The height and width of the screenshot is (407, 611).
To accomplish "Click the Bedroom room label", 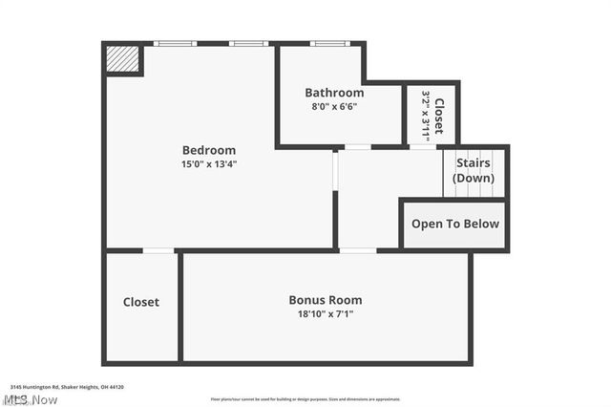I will [x=209, y=150].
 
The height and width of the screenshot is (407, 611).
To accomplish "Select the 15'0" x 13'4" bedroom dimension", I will [x=209, y=163].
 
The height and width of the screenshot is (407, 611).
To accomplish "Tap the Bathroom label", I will [x=334, y=93].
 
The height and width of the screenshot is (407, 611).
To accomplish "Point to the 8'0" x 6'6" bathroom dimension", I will [x=334, y=106].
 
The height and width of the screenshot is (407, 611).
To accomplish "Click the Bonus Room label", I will [x=326, y=300].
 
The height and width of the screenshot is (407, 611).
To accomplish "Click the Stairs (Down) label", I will [x=474, y=170].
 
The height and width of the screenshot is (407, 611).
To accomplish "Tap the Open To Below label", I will [x=454, y=225].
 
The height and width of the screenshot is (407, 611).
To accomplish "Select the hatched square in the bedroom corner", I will [x=121, y=58].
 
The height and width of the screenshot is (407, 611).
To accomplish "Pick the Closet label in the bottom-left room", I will [x=141, y=302].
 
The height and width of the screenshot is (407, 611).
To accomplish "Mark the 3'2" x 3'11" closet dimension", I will [x=426, y=117].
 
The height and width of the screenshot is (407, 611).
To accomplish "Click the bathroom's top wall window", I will [x=328, y=43].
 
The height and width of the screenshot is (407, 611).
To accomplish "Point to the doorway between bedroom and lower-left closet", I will [x=158, y=250].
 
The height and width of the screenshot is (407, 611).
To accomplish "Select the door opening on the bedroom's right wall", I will [x=335, y=170].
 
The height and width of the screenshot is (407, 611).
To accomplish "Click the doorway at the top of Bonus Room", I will [x=357, y=250].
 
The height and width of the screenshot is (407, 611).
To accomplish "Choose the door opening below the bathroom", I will [x=357, y=147].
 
